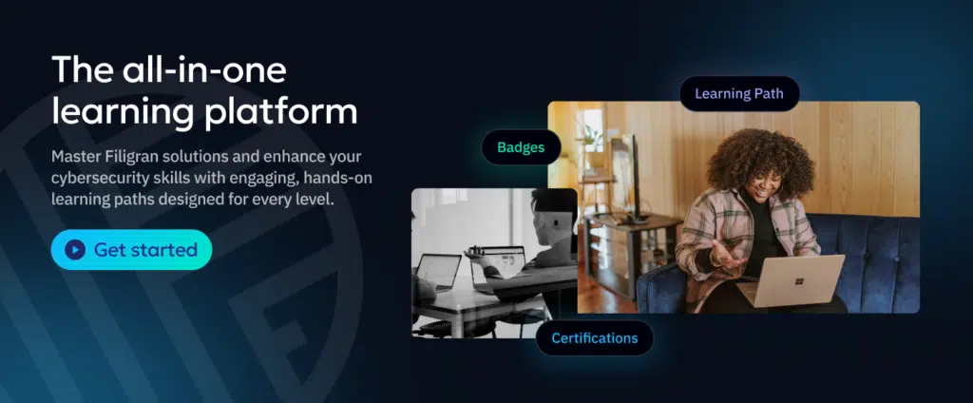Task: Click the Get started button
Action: (x=131, y=250)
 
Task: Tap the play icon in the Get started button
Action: (x=75, y=250)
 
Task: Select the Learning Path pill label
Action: (x=739, y=94)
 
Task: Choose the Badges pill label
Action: (x=522, y=147)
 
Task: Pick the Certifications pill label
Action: (x=595, y=337)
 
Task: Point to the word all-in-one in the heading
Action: (x=204, y=69)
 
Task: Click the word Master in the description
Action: (x=73, y=156)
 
